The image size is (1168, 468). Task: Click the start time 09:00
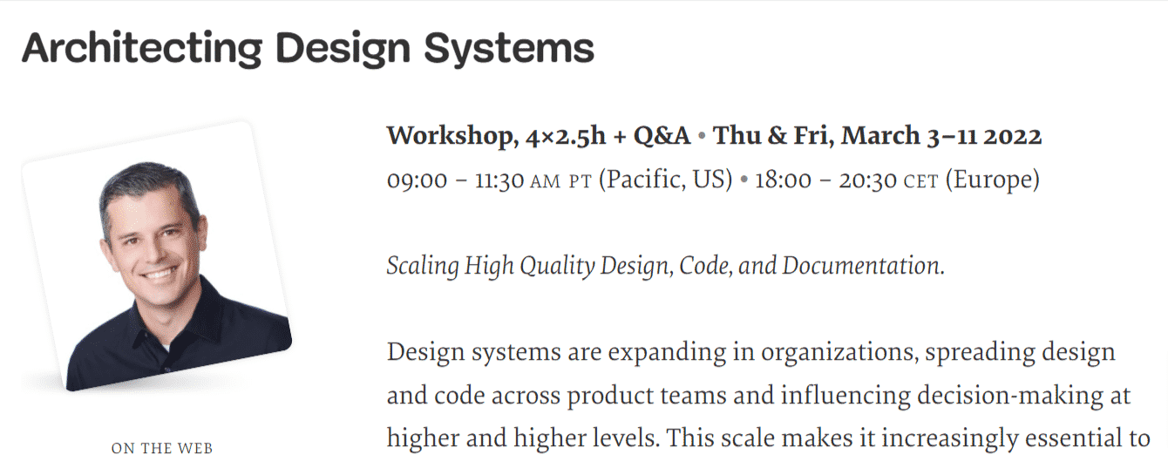[416, 180]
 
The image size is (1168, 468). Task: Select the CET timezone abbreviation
[920, 181]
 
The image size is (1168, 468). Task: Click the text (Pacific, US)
[665, 180]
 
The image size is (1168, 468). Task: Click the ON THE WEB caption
[162, 449]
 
